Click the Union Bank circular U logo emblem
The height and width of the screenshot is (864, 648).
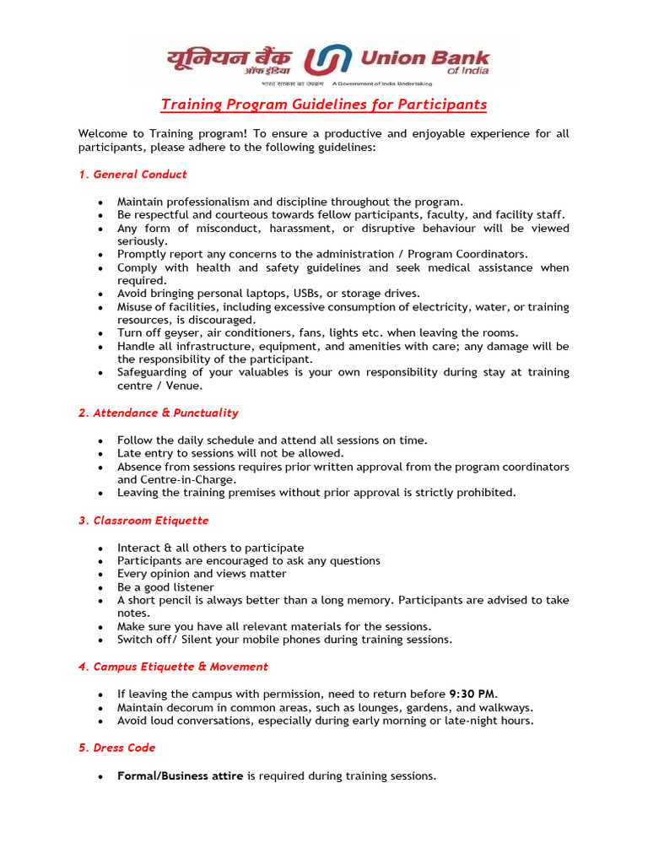tap(327, 61)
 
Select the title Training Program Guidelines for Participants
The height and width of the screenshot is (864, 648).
tap(324, 105)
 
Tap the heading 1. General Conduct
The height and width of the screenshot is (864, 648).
tap(132, 175)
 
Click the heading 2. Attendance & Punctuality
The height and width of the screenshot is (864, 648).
tap(159, 413)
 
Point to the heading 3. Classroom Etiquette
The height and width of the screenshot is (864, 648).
tap(143, 521)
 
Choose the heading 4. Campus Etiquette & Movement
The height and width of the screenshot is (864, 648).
tap(173, 667)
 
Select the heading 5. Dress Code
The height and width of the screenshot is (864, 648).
tap(117, 748)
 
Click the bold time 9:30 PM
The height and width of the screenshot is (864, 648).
tap(472, 694)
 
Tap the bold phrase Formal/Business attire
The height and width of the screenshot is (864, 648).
tap(180, 776)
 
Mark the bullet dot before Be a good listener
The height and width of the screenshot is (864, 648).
tap(100, 588)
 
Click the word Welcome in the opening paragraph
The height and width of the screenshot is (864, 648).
tap(105, 134)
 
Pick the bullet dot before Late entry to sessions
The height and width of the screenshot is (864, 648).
tap(100, 454)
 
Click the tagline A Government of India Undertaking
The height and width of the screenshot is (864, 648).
tap(383, 84)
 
